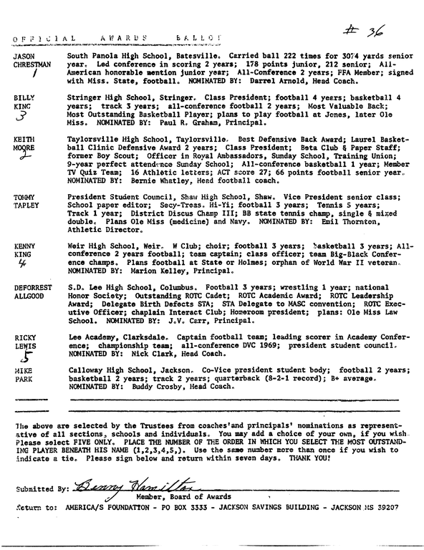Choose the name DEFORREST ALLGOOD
tap(33, 291)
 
